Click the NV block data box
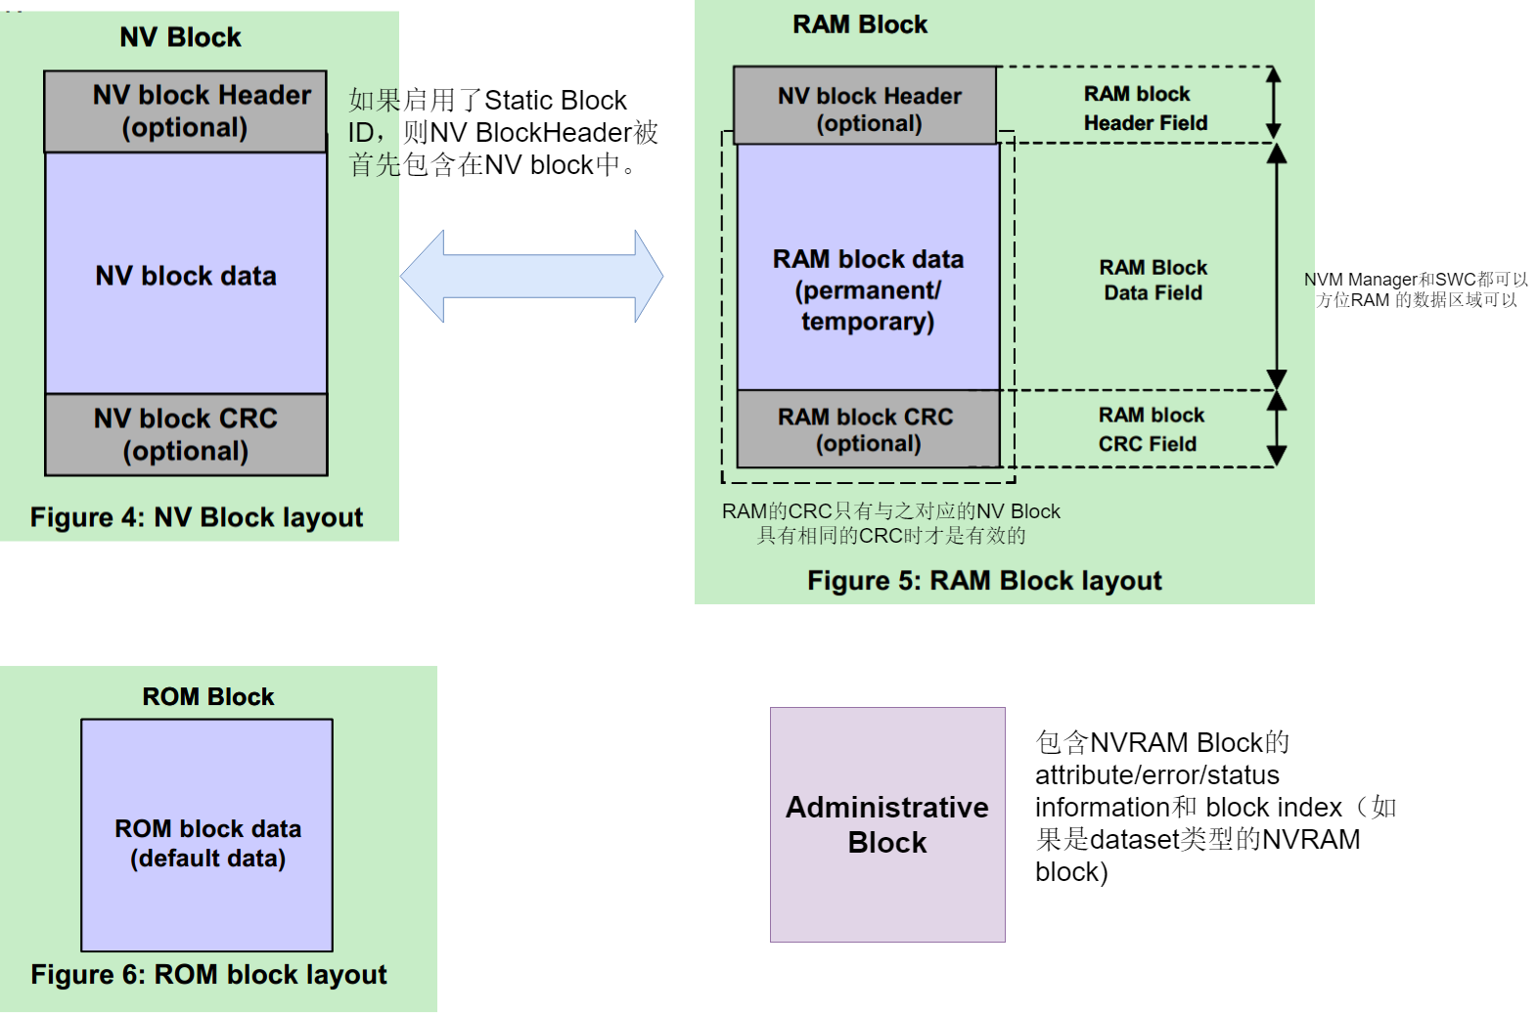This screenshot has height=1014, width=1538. pyautogui.click(x=186, y=274)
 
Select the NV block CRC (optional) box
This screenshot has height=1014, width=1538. pyautogui.click(x=186, y=435)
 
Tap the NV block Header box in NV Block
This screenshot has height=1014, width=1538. pyautogui.click(x=185, y=111)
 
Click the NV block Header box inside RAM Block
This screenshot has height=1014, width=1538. pyautogui.click(x=866, y=107)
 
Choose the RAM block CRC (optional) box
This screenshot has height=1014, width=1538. pyautogui.click(x=868, y=429)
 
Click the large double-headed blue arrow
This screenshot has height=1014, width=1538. pyautogui.click(x=531, y=277)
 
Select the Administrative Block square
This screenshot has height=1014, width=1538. pyautogui.click(x=887, y=824)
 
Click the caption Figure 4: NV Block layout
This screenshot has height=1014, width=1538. pyautogui.click(x=197, y=517)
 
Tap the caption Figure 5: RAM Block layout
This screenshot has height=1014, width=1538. pyautogui.click(x=984, y=581)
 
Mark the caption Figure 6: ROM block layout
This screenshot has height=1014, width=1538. pyautogui.click(x=208, y=975)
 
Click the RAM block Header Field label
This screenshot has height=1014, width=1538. pyautogui.click(x=1145, y=109)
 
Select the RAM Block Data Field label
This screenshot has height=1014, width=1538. pyautogui.click(x=1153, y=281)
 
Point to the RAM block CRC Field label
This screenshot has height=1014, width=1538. pyautogui.click(x=1150, y=429)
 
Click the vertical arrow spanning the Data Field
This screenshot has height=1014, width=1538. pyautogui.click(x=1277, y=267)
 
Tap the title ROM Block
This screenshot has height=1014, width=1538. pyautogui.click(x=208, y=697)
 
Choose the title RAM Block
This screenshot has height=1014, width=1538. pyautogui.click(x=860, y=25)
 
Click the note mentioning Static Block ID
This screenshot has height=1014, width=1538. pyautogui.click(x=503, y=133)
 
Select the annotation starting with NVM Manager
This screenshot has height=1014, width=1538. pyautogui.click(x=1416, y=289)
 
